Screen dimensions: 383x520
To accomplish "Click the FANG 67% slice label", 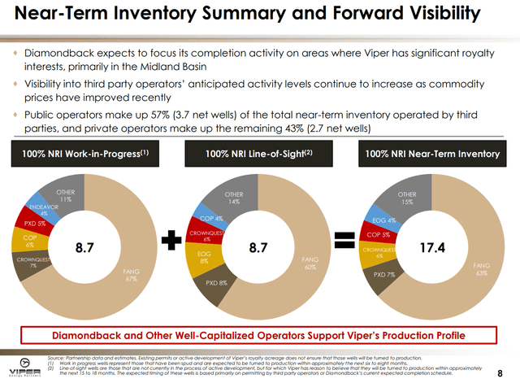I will click(130, 274).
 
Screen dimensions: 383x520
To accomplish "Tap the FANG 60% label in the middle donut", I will click(310, 262).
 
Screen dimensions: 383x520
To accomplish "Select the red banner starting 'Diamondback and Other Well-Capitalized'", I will click(259, 334).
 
